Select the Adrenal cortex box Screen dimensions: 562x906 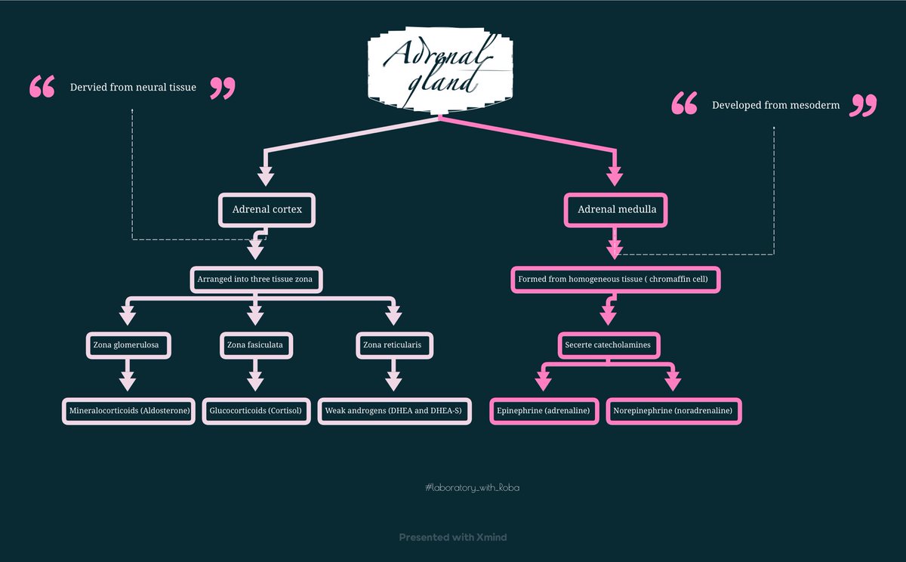[x=267, y=209]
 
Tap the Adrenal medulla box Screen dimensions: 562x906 [x=615, y=209]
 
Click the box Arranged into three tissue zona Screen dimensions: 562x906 [x=256, y=279]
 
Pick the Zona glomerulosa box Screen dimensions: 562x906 [x=127, y=346]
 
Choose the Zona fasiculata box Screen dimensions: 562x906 [x=255, y=346]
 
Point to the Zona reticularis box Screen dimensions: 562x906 [x=392, y=346]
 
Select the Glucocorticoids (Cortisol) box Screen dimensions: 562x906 [x=255, y=411]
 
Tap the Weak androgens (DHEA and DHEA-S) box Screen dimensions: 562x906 [x=394, y=411]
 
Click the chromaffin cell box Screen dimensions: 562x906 [x=615, y=279]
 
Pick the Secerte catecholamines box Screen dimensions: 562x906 [x=609, y=346]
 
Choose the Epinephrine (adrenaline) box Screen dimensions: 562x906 [x=544, y=411]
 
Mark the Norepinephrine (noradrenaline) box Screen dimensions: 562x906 [x=673, y=411]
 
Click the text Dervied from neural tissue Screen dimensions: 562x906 [x=133, y=88]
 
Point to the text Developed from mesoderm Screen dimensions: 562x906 [x=775, y=106]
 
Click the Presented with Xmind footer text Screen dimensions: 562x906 [x=453, y=537]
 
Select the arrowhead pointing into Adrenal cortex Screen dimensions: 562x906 [x=265, y=178]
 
